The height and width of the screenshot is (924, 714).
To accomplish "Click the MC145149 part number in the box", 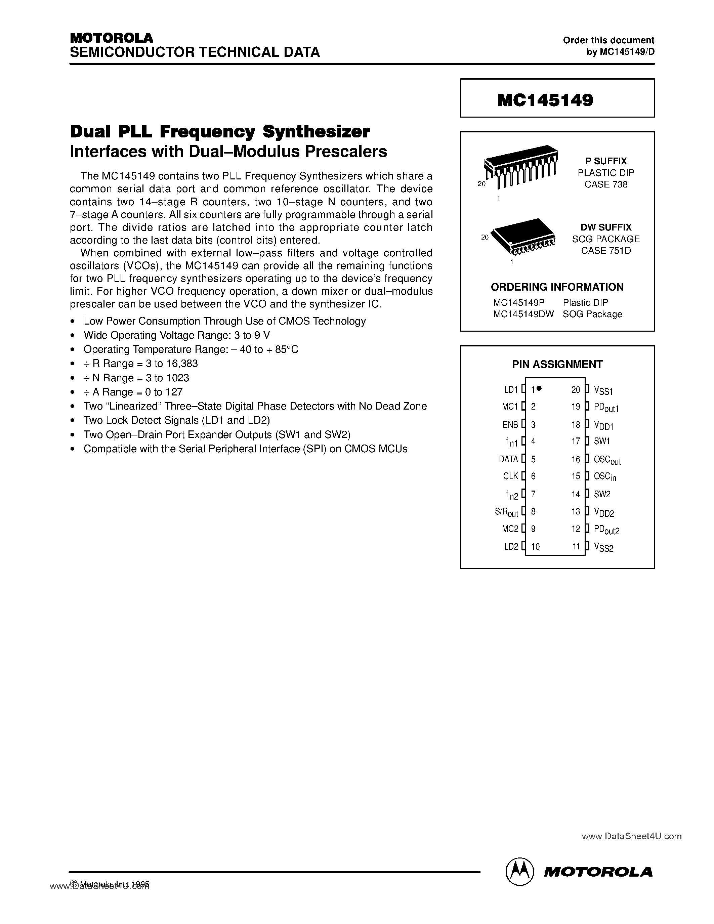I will point(545,100).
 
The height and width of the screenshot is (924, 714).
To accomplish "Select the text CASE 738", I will point(606,184).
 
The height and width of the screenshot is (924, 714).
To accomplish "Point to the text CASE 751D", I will point(606,250).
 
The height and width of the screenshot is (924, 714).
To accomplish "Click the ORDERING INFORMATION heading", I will point(557,287).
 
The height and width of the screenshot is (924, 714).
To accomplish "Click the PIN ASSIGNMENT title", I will point(557,364).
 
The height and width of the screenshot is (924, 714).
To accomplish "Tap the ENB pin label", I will point(510,424).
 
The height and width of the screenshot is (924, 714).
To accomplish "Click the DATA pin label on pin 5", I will point(508,459).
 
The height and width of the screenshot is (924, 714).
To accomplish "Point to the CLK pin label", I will point(510,476).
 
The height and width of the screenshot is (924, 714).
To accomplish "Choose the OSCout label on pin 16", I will point(607,460).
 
